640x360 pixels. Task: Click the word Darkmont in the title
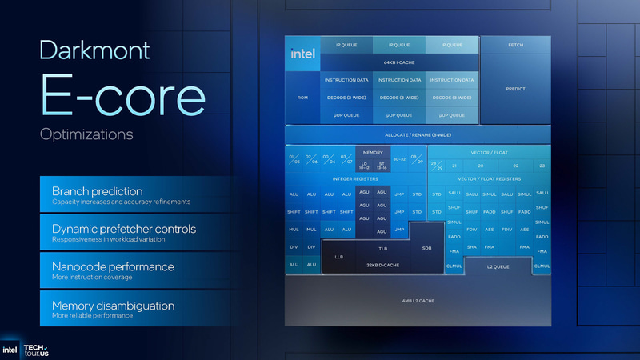click(94, 50)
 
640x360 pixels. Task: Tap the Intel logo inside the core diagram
click(302, 54)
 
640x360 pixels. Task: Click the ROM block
click(302, 98)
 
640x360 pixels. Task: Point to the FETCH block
click(515, 45)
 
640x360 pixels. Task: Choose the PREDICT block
click(515, 89)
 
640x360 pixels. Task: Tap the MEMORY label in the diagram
click(373, 152)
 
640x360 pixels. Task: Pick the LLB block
click(338, 257)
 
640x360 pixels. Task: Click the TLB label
click(382, 249)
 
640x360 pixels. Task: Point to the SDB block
click(426, 249)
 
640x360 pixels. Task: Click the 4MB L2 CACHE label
click(418, 301)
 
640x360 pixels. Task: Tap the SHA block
click(472, 247)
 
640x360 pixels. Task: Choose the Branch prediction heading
click(97, 191)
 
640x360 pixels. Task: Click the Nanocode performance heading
click(113, 266)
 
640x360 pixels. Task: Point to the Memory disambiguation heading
click(113, 306)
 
